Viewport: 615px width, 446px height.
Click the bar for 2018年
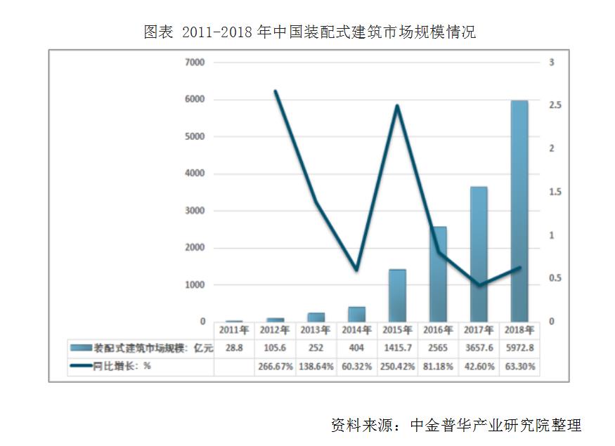pyautogui.click(x=519, y=211)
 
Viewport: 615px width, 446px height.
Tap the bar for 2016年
pyautogui.click(x=437, y=274)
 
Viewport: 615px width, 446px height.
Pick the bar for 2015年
pyautogui.click(x=397, y=295)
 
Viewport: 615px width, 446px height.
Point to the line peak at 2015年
pyautogui.click(x=398, y=106)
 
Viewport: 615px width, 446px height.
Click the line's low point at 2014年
pyautogui.click(x=356, y=270)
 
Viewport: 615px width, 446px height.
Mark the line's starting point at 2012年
pyautogui.click(x=276, y=91)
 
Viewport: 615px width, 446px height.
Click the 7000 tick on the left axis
pyautogui.click(x=195, y=63)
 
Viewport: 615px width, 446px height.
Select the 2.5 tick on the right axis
pyautogui.click(x=555, y=105)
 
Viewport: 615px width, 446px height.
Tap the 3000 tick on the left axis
pyautogui.click(x=195, y=211)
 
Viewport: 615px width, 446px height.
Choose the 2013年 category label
pyautogui.click(x=315, y=329)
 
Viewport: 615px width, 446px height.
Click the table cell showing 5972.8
pyautogui.click(x=519, y=348)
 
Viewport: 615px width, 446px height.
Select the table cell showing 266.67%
pyautogui.click(x=275, y=367)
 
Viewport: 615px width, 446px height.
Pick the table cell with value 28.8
pyautogui.click(x=233, y=348)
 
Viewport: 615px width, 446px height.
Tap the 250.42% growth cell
pyautogui.click(x=397, y=367)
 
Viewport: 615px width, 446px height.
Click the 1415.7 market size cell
pyautogui.click(x=397, y=348)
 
